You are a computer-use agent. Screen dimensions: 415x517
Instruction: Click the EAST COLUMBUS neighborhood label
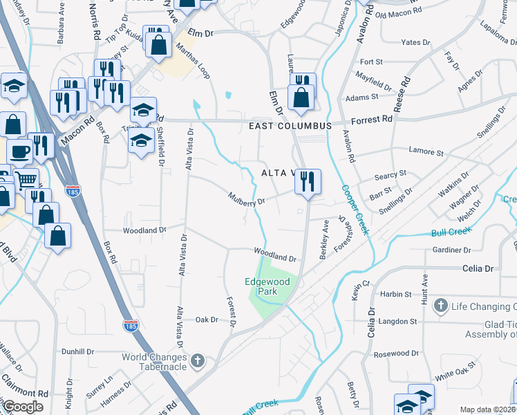(291, 127)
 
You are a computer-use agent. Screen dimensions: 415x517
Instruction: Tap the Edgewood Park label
(261, 286)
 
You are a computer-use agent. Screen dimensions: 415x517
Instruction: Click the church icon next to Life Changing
(440, 306)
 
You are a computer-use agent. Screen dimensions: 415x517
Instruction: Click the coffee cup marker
(19, 151)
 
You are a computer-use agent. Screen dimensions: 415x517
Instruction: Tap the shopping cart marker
(26, 180)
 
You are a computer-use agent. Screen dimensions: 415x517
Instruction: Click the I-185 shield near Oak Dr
(129, 324)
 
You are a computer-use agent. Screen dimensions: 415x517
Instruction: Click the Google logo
(23, 407)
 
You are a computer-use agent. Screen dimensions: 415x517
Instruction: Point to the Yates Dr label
(415, 42)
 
